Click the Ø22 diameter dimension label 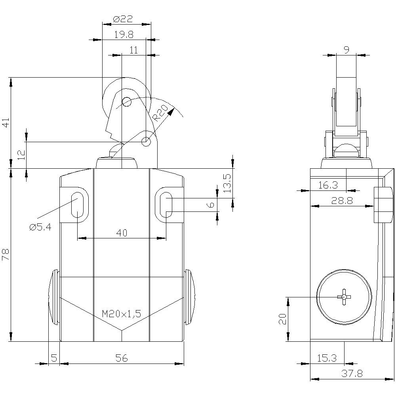click(122, 19)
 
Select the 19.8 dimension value click(124, 35)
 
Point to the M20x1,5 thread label click(122, 314)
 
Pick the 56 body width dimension click(122, 358)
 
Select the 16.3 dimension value click(328, 185)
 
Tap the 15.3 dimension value click(327, 358)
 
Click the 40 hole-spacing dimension click(122, 233)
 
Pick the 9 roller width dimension click(346, 50)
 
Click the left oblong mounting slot click(77, 204)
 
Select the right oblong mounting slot click(166, 204)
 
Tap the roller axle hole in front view click(126, 102)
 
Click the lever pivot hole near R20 click(146, 141)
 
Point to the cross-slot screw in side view click(343, 297)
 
